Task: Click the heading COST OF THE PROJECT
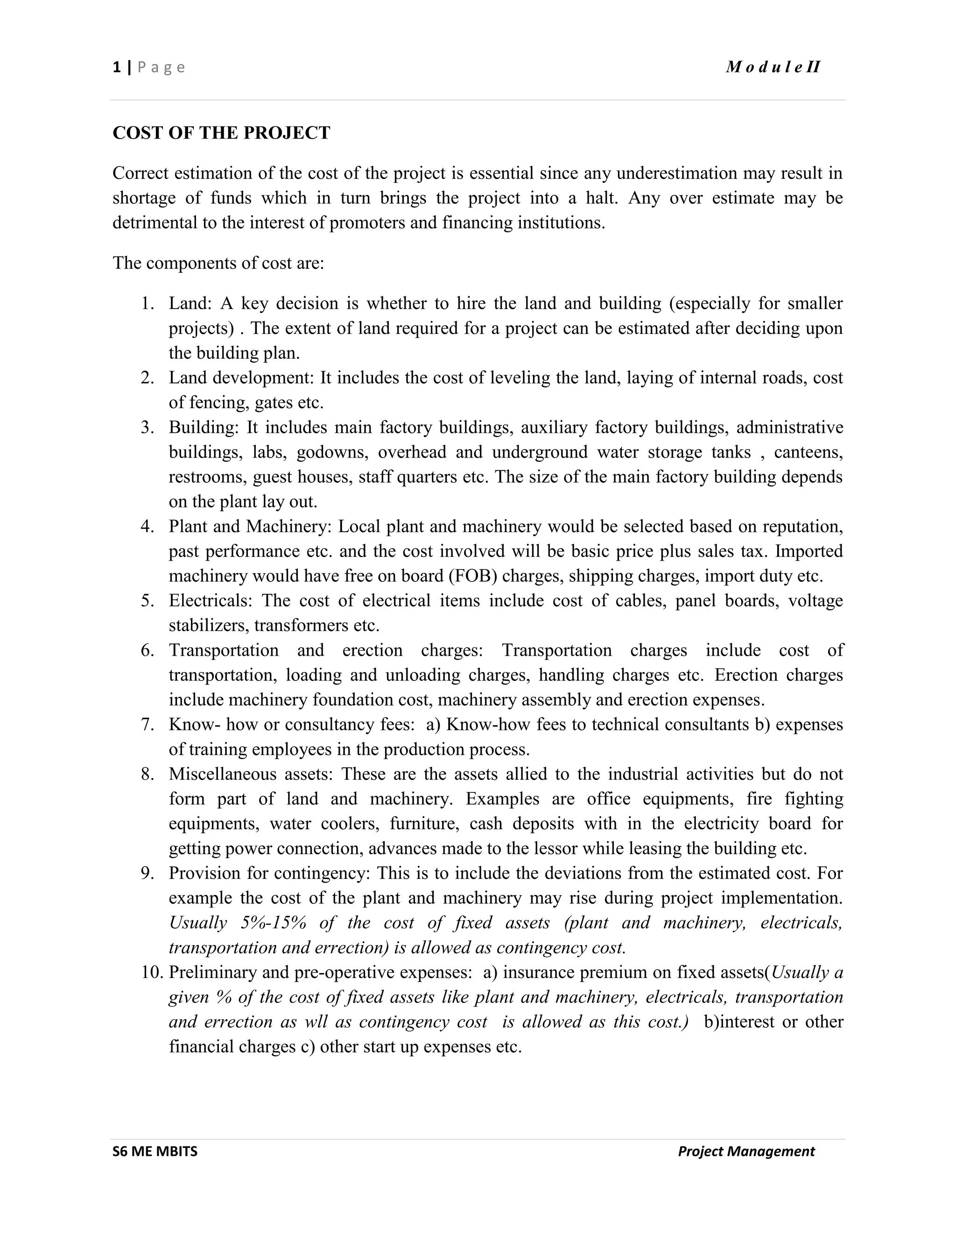coord(221,133)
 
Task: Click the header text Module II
coord(773,67)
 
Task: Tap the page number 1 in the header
coord(117,67)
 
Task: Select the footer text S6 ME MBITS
coord(155,1151)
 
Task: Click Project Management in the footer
coord(746,1151)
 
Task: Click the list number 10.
coord(152,972)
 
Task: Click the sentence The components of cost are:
coord(218,263)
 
